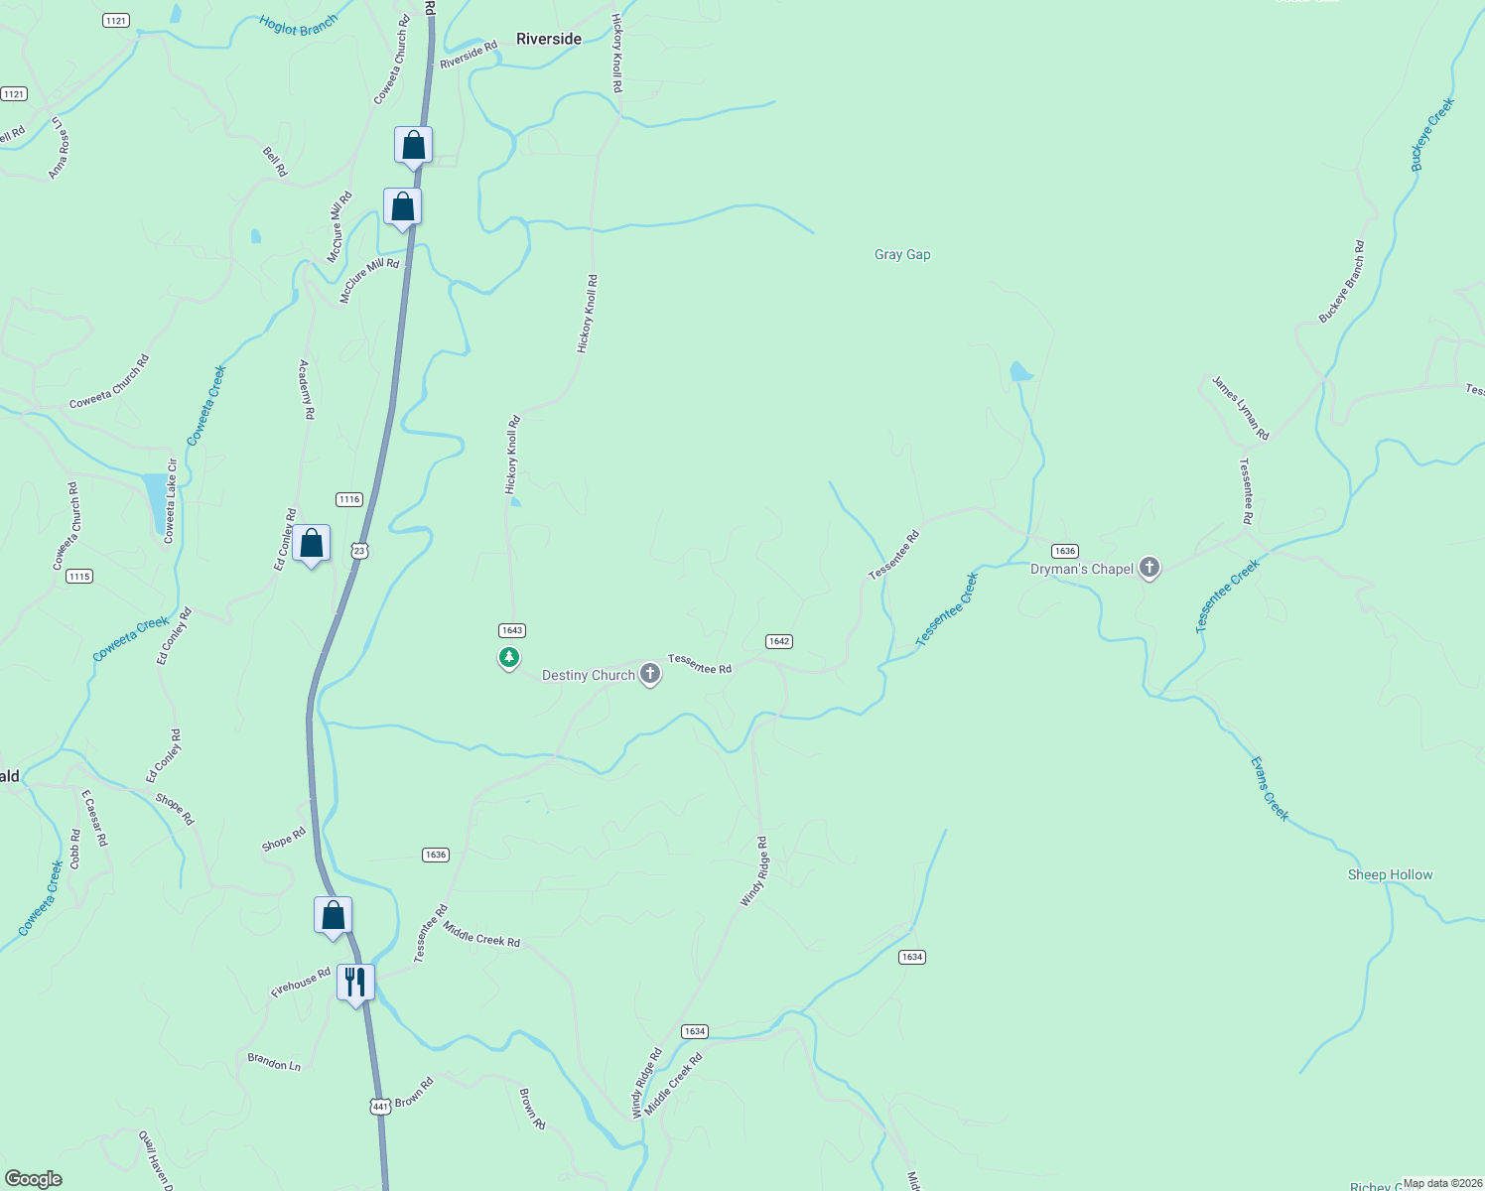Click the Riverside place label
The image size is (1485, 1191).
(x=548, y=39)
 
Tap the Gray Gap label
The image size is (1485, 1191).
(x=902, y=255)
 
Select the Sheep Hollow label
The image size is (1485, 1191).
(x=1390, y=875)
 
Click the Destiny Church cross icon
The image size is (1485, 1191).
(x=650, y=675)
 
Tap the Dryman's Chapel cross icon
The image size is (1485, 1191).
(x=1149, y=569)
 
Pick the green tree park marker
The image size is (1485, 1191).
(x=509, y=657)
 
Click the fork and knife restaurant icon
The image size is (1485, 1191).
(x=355, y=983)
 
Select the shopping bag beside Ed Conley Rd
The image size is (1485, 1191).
(x=312, y=544)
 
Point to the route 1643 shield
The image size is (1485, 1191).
(x=511, y=630)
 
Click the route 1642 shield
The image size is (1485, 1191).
(x=778, y=641)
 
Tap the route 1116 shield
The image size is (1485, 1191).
(x=348, y=499)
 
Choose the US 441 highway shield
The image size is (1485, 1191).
(x=379, y=1106)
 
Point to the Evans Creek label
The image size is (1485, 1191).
(x=1269, y=788)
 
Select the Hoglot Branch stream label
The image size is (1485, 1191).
(x=298, y=25)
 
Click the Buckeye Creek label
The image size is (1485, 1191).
(x=1432, y=135)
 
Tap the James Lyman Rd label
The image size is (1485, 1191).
(x=1240, y=408)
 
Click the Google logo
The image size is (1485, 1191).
(x=34, y=1179)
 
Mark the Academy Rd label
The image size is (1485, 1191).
(x=307, y=389)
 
